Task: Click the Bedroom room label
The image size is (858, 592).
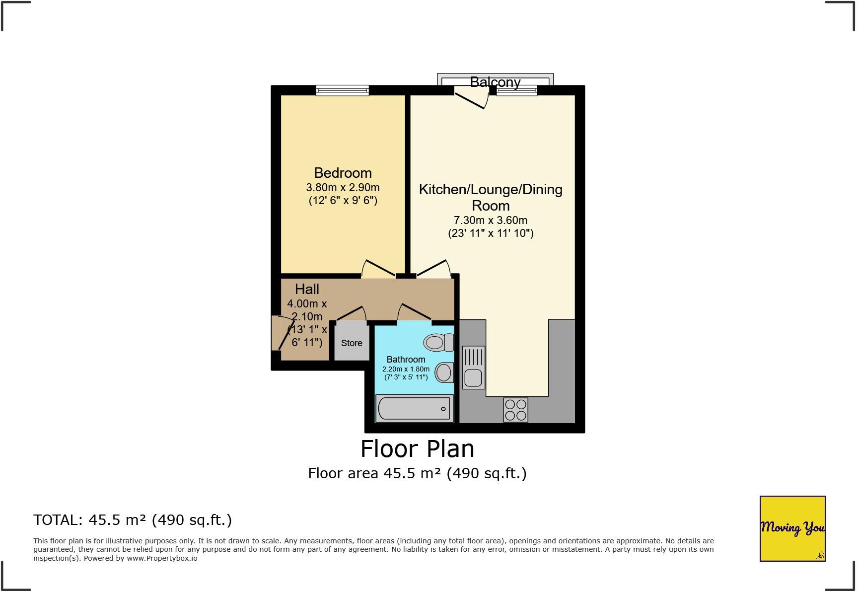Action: click(343, 173)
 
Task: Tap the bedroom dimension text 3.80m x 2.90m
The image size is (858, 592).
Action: click(343, 188)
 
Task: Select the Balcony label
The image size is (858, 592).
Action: click(495, 82)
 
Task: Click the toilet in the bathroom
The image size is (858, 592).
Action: click(438, 342)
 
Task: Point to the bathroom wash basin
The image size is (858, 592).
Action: click(444, 372)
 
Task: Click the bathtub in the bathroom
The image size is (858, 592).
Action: click(414, 409)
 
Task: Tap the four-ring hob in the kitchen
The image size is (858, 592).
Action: click(515, 410)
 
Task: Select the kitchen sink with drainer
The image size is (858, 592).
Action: click(473, 367)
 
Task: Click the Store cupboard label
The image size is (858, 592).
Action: click(352, 343)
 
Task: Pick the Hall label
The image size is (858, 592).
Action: click(307, 289)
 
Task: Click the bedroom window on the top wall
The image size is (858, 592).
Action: click(343, 90)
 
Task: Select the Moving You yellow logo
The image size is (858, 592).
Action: click(792, 528)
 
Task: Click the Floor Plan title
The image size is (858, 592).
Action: click(417, 449)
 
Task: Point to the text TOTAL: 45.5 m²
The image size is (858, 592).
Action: click(133, 520)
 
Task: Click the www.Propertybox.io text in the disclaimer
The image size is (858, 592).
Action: click(162, 558)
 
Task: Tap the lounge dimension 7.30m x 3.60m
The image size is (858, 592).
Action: click(491, 220)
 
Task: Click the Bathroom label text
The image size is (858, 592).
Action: click(406, 360)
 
